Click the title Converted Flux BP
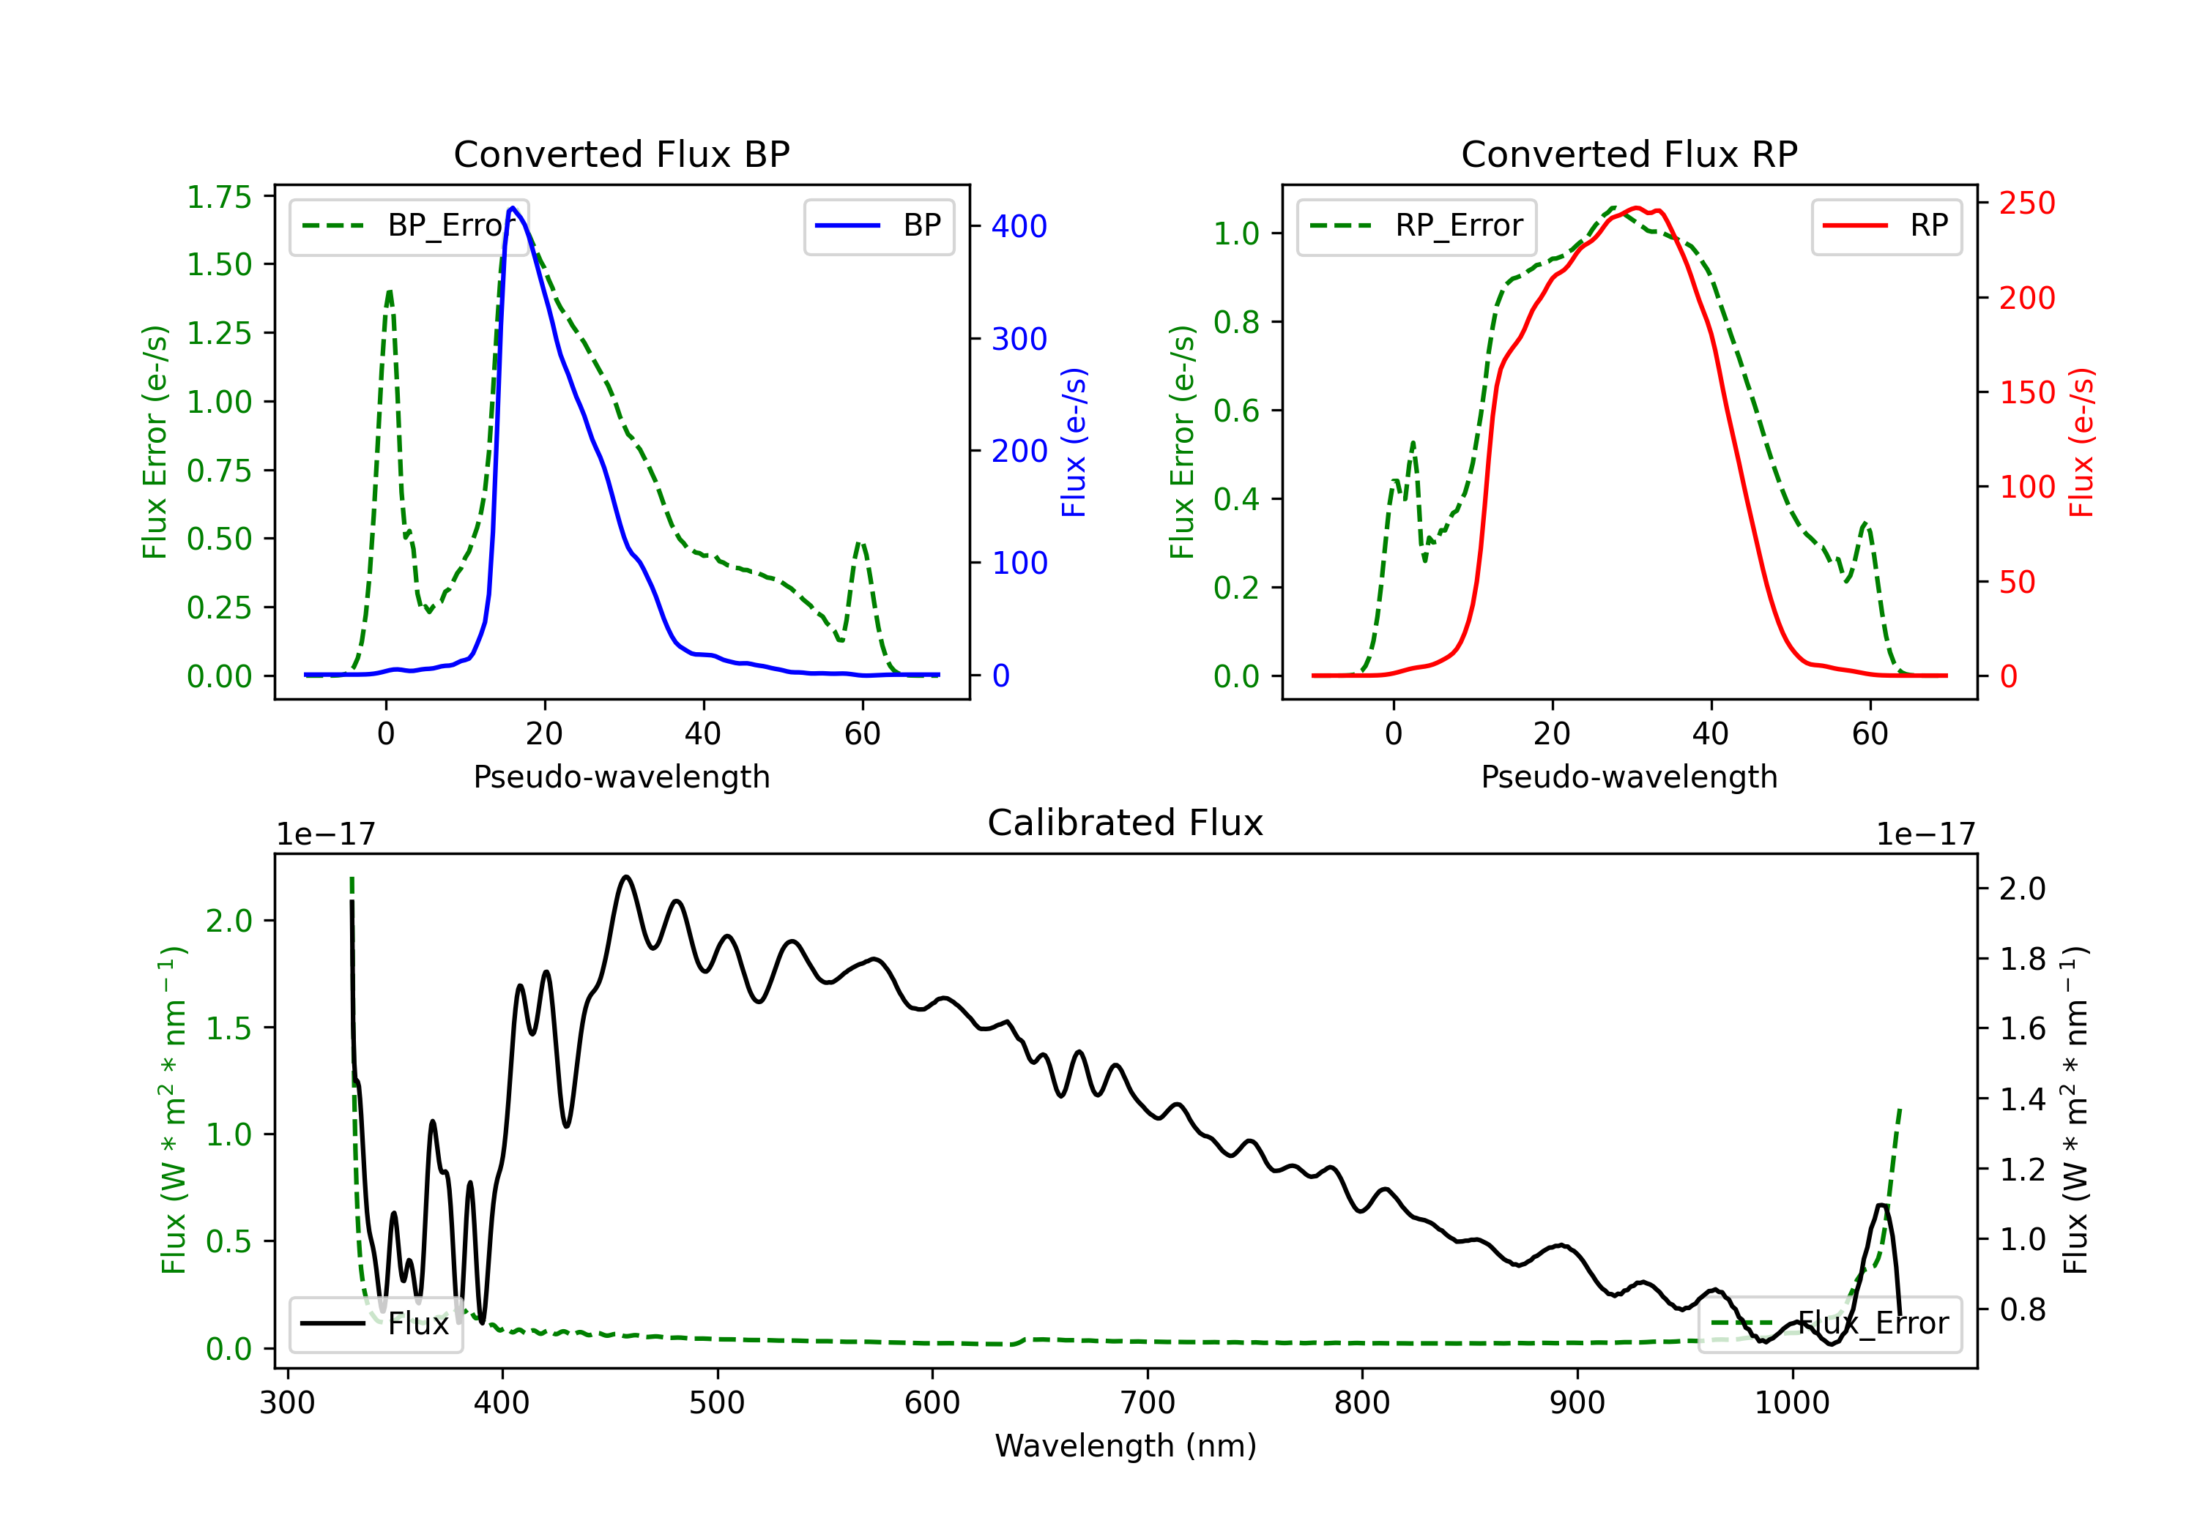coord(621,154)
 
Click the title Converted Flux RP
coord(1629,154)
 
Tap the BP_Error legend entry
coord(409,225)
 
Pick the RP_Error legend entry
coord(1416,225)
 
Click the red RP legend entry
coord(1886,225)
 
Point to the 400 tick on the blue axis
coord(1019,227)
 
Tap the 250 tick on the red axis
coord(2026,203)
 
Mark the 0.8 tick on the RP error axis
coord(1236,322)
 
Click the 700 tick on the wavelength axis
coord(1148,1403)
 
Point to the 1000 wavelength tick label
coord(1792,1403)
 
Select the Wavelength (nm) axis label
coord(1126,1446)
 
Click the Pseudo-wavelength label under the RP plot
coord(1629,777)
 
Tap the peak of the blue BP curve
coord(513,208)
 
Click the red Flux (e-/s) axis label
coord(2081,442)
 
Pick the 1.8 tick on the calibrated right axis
coord(2022,958)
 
